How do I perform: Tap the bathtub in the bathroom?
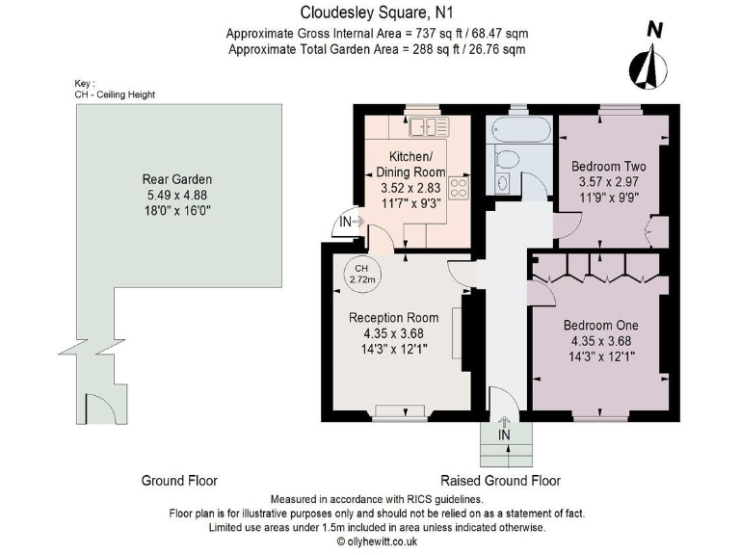point(521,130)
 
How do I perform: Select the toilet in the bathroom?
point(507,159)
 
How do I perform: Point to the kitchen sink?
point(429,127)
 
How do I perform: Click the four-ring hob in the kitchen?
point(459,187)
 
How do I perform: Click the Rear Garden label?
point(177,179)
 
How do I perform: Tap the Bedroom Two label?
point(608,166)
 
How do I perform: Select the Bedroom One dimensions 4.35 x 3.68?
point(601,341)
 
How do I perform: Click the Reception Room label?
point(393,318)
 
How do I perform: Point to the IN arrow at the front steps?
point(504,421)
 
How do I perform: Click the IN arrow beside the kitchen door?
point(358,222)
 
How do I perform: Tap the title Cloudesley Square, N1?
point(377,13)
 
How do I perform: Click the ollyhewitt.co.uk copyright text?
point(377,542)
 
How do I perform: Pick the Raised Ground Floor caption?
point(500,481)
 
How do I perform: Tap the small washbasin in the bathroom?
point(503,182)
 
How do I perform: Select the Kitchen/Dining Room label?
point(410,164)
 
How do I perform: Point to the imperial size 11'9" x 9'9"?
point(609,198)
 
